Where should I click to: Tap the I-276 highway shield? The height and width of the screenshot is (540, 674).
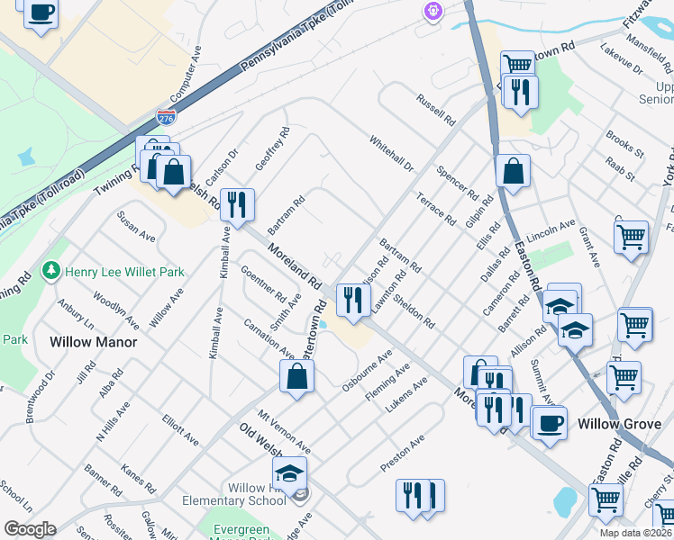coord(166,117)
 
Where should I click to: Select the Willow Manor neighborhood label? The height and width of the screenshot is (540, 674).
coord(94,342)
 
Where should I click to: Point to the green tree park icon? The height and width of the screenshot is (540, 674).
coord(52,271)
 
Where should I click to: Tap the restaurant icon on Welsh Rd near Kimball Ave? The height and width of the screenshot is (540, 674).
coord(237,204)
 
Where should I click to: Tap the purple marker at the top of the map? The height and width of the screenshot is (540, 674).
coord(433,11)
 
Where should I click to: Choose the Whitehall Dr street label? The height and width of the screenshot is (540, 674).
coord(390,154)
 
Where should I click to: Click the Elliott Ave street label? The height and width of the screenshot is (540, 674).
coord(180,430)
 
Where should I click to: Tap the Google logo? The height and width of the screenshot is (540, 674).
coord(30,529)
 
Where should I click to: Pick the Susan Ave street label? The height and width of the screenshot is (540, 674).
coord(135,226)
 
